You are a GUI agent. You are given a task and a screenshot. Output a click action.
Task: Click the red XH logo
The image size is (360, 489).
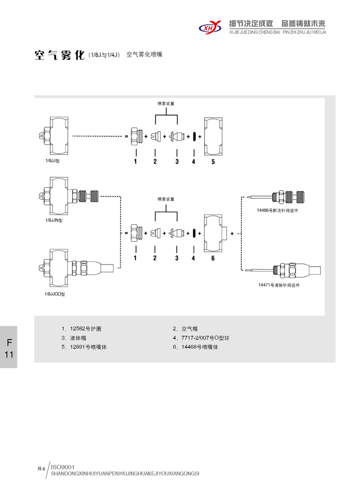[x=210, y=25]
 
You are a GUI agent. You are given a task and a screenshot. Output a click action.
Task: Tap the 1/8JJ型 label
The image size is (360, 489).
[x=53, y=161]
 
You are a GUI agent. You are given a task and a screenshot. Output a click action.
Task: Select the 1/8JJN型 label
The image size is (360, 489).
[x=54, y=220]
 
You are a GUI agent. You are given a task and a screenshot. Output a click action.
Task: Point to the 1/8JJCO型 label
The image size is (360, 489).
[x=55, y=293]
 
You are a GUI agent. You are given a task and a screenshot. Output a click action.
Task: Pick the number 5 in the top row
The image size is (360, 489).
[x=213, y=162]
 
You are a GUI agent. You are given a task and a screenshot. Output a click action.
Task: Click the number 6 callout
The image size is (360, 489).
[x=213, y=258]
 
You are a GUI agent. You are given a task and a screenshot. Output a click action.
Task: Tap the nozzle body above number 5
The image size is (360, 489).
[x=213, y=136]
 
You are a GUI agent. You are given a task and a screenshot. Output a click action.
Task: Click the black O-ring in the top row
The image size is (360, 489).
[x=194, y=137]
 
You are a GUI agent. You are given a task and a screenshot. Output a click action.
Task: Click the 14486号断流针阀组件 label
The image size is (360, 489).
[x=278, y=211]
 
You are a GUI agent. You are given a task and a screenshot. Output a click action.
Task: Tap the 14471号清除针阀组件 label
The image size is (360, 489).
[x=279, y=285]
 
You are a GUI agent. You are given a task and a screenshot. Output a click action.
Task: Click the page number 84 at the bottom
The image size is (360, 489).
[x=42, y=468]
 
